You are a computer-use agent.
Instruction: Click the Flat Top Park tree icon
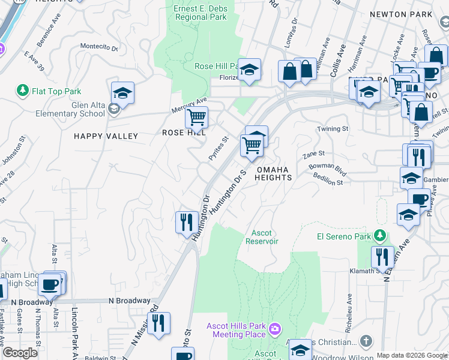[x=23, y=91]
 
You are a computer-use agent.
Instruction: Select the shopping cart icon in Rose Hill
[x=196, y=117]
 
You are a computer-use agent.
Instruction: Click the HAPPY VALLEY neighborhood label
[x=106, y=136]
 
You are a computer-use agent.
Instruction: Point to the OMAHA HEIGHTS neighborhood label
[x=274, y=173]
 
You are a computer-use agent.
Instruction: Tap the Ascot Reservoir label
[x=262, y=237]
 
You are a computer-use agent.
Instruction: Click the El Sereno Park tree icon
[x=379, y=236]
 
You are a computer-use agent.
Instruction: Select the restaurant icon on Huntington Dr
[x=187, y=222]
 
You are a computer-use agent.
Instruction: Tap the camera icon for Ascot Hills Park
[x=274, y=329]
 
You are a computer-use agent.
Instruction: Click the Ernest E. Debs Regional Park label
[x=200, y=13]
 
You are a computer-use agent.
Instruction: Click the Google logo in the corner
[x=20, y=353]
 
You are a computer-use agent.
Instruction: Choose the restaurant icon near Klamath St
[x=382, y=257]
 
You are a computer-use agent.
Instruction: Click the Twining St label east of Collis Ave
[x=333, y=129]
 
